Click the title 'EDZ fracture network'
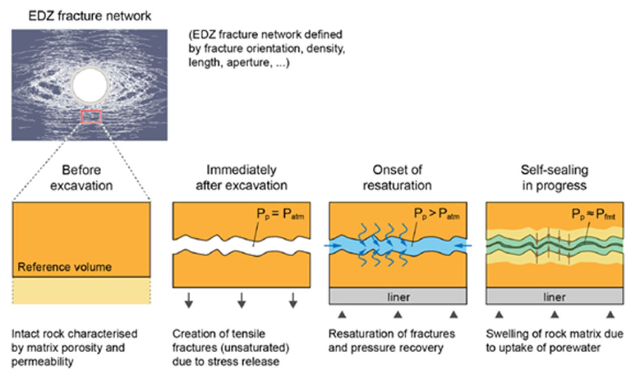[x=90, y=16]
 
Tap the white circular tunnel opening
[x=90, y=85]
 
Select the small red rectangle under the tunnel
[x=91, y=117]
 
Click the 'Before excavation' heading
[x=81, y=178]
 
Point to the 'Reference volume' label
[x=64, y=267]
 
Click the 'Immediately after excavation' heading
[x=241, y=178]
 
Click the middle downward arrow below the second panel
[x=241, y=300]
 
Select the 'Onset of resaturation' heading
[x=397, y=178]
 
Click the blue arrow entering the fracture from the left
[x=333, y=246]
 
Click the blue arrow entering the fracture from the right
[x=463, y=246]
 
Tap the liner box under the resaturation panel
[x=398, y=296]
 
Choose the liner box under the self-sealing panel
[x=554, y=296]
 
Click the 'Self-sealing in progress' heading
[x=554, y=178]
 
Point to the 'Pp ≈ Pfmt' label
[x=593, y=215]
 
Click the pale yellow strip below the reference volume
[x=81, y=291]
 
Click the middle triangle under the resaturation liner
[x=398, y=315]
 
